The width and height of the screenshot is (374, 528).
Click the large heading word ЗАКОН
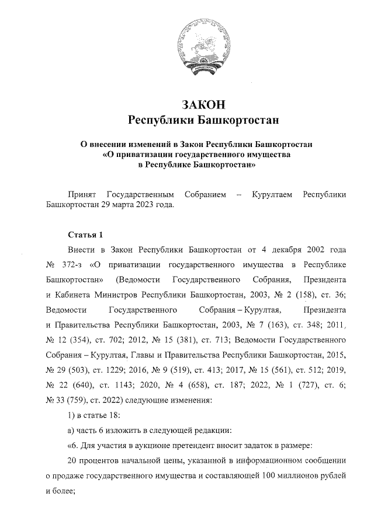[x=203, y=105]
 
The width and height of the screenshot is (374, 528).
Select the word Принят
[x=82, y=194]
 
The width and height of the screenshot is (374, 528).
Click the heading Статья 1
[x=85, y=235]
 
